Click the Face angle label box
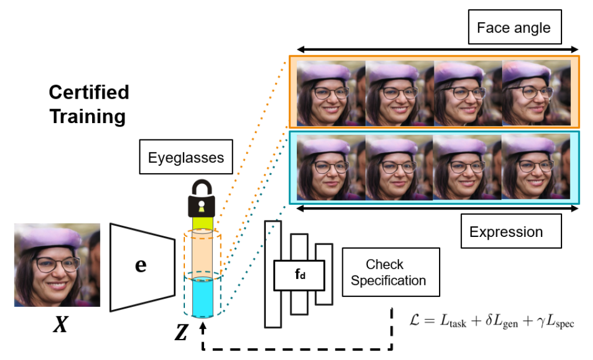coord(513,28)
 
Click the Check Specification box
coord(388,272)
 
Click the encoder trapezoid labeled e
coord(142,265)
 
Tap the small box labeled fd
coord(299,272)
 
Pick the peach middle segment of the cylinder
coord(201,254)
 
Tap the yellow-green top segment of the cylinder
coord(201,223)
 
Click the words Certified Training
coord(88,104)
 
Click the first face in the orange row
coord(331,93)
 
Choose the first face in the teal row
coord(331,167)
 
